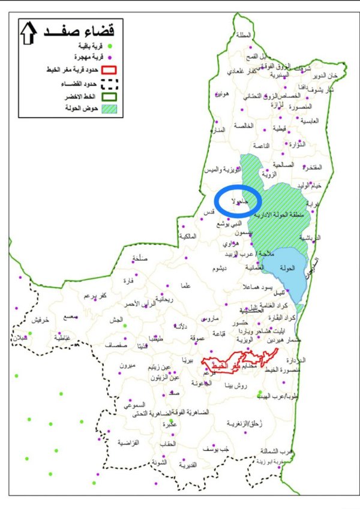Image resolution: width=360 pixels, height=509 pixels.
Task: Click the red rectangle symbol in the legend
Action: (x=109, y=70)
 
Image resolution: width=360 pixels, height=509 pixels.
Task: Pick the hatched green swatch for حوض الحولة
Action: (x=109, y=109)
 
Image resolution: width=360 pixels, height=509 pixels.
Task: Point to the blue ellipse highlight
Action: (x=238, y=201)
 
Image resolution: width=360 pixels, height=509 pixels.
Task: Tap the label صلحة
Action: (x=138, y=259)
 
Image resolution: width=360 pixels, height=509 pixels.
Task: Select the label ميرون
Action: (x=128, y=365)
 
